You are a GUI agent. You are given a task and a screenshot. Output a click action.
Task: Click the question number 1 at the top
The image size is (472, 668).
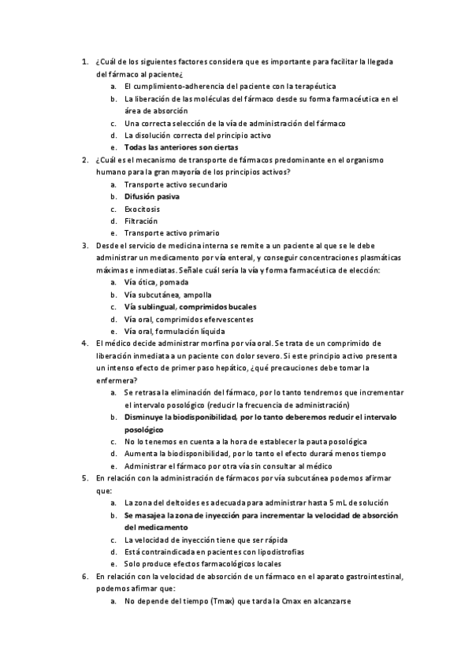coord(85,61)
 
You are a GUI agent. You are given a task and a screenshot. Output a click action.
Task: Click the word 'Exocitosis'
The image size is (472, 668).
coord(142,209)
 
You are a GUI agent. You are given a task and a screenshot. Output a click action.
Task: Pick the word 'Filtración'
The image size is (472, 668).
coord(141,221)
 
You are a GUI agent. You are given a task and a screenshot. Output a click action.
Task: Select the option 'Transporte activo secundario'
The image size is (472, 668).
coord(176,184)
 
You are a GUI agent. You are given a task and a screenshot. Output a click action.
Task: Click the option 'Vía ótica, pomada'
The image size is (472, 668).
coord(156,282)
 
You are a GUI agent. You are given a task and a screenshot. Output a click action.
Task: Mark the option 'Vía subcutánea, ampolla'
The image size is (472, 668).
coord(167,295)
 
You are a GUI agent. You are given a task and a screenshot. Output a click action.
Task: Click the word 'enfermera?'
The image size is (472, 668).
coord(116,380)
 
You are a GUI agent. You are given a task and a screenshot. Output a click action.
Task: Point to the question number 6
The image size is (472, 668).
coord(85,577)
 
